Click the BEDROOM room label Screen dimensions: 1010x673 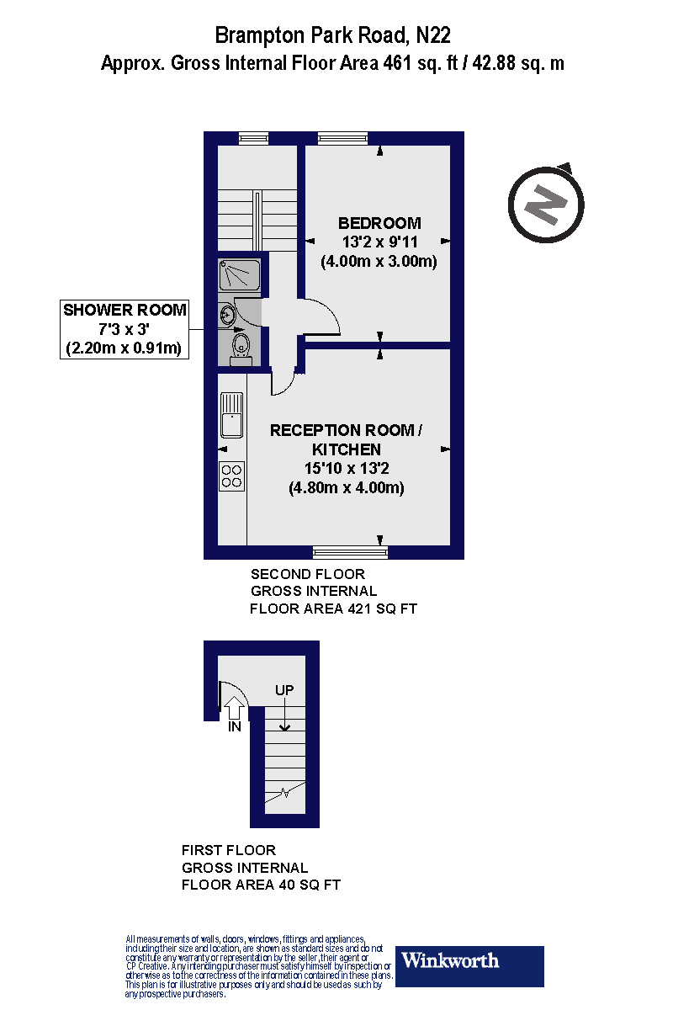[x=379, y=223]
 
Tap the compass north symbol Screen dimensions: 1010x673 [x=546, y=203]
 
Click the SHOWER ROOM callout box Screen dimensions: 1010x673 [x=124, y=328]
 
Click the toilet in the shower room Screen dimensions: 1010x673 [x=241, y=346]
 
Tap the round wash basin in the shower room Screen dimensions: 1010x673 [x=227, y=314]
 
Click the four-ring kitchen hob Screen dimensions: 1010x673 [x=231, y=476]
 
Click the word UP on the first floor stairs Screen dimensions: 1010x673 [x=284, y=690]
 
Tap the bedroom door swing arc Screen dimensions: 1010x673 [x=324, y=316]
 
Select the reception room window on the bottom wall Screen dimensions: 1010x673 [x=350, y=552]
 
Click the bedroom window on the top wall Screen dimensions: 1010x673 [x=342, y=138]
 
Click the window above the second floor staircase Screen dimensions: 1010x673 [x=252, y=138]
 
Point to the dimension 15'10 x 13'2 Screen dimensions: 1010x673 [x=346, y=469]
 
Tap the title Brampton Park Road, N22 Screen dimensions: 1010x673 [x=333, y=35]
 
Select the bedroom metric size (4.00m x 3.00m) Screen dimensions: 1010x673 [x=379, y=261]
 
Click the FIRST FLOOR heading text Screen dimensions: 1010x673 [x=229, y=850]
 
